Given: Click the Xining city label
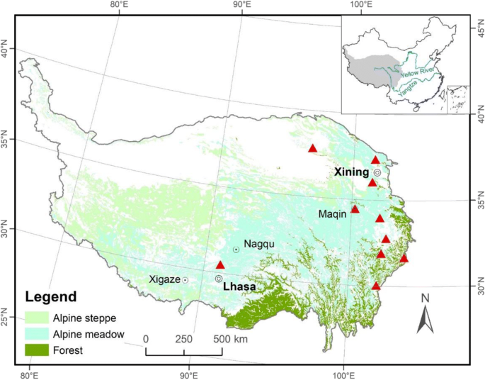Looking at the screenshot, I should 353,172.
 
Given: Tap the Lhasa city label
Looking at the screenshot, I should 239,288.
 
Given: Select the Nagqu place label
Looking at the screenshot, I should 258,245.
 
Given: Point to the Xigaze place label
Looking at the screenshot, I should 164,279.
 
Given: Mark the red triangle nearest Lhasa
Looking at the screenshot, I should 220,264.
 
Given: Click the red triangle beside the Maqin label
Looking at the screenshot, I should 355,208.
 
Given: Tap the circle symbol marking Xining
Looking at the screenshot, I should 377,172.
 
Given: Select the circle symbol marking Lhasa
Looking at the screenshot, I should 219,279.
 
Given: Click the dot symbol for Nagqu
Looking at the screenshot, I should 236,250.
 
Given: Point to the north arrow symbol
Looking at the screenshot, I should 425,316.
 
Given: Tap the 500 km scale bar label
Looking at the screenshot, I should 231,339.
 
